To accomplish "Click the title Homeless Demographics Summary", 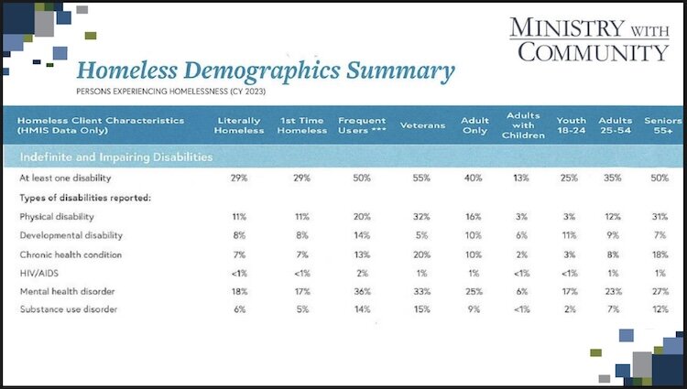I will tap(265, 70).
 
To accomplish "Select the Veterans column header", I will tap(422, 125).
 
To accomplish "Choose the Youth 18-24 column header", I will tap(571, 125).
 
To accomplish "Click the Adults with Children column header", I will tap(522, 125).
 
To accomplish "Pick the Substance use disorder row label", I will tap(66, 309).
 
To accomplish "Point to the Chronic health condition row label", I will tap(70, 254).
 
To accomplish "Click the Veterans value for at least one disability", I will tap(422, 178).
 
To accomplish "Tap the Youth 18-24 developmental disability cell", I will tap(571, 235).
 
